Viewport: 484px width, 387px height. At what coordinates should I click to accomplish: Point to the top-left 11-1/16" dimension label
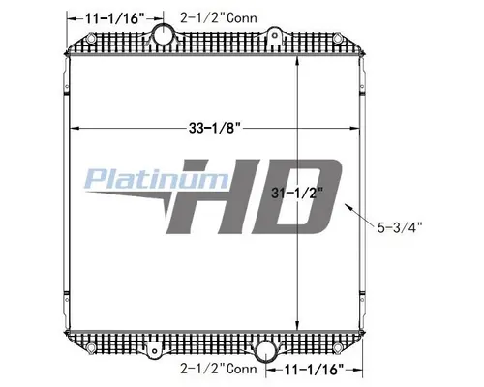[x=106, y=17]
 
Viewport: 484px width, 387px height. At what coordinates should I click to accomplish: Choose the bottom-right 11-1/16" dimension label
[x=314, y=370]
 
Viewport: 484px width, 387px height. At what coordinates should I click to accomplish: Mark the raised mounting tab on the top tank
[x=275, y=38]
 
